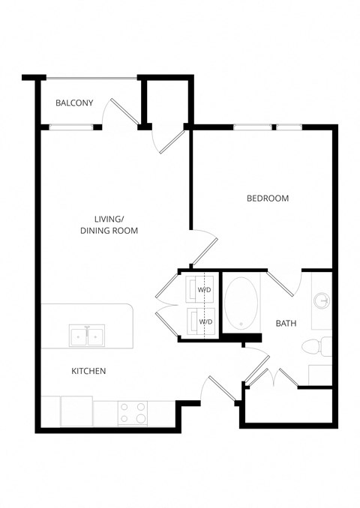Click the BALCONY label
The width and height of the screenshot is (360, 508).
(x=74, y=103)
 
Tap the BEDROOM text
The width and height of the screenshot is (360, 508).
(x=268, y=199)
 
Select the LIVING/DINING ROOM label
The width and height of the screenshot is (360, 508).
(x=109, y=225)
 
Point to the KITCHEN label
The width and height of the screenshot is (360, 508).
(x=88, y=371)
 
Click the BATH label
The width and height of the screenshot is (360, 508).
(x=286, y=324)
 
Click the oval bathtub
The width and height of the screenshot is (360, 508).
(x=241, y=303)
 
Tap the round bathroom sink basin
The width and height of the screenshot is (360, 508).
(x=322, y=301)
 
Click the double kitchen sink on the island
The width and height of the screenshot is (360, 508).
(x=88, y=336)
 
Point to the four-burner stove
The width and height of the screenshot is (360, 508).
(x=132, y=413)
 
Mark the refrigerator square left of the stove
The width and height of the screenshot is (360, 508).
(x=76, y=411)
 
